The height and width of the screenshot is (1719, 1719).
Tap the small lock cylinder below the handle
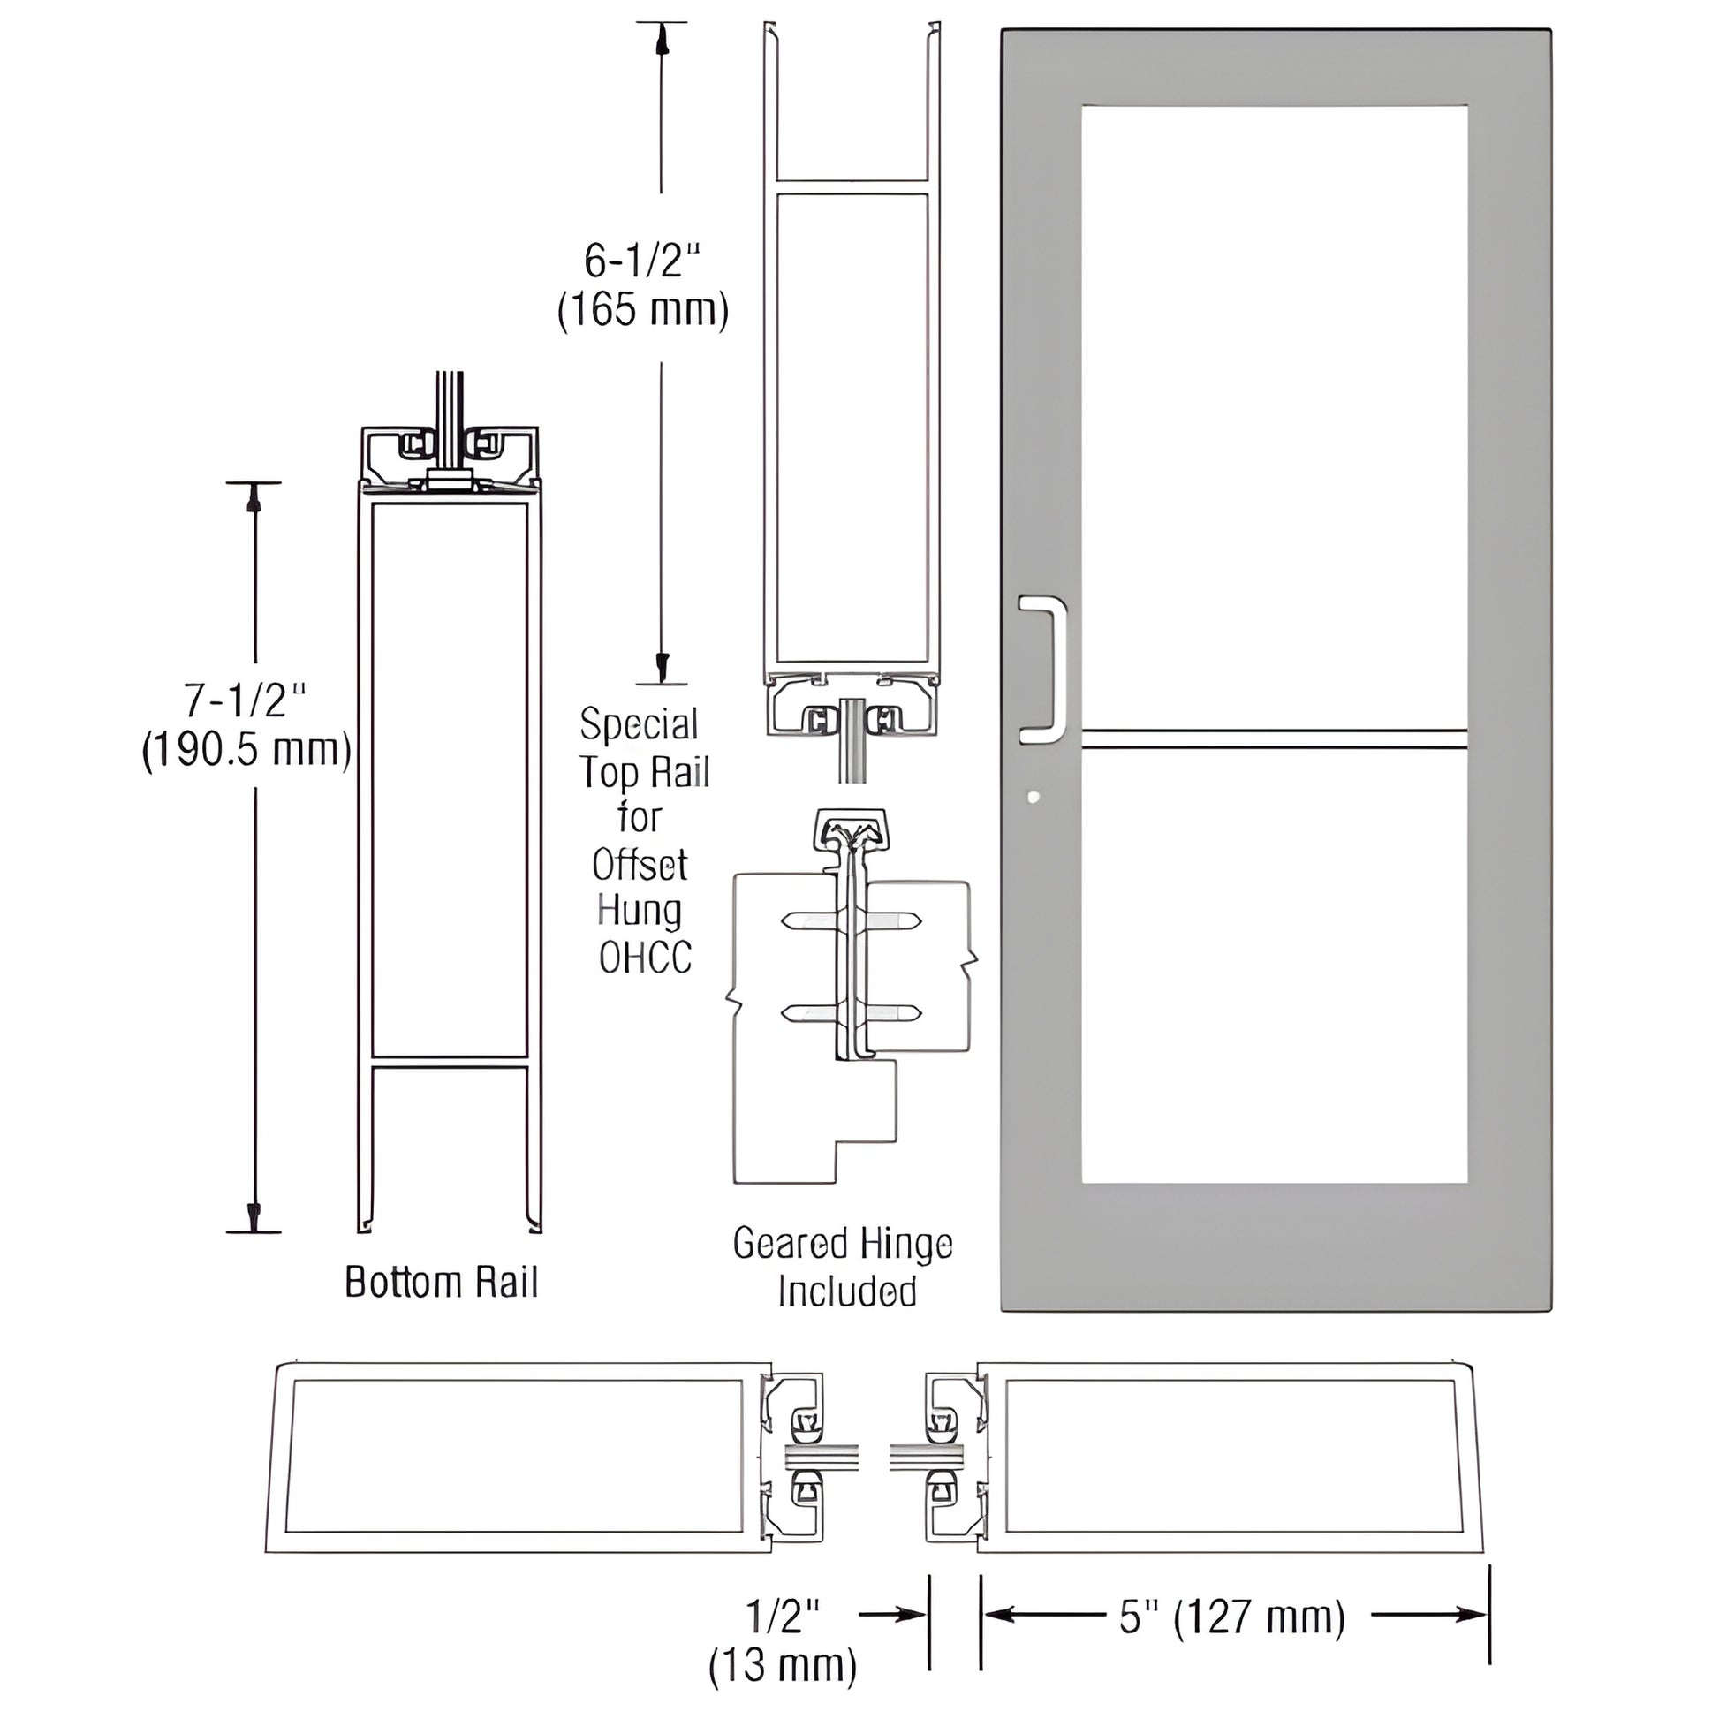[x=1033, y=797]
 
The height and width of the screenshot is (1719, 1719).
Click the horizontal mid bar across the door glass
[x=1274, y=738]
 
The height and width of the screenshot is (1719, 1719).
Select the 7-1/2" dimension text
[x=245, y=701]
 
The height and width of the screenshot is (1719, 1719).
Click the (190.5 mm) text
[x=246, y=750]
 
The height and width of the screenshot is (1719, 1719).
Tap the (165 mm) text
[x=642, y=310]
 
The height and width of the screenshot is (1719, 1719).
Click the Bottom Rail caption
[x=442, y=1282]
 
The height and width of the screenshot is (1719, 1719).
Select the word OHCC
[x=645, y=958]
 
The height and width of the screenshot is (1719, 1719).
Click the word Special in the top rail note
[x=639, y=724]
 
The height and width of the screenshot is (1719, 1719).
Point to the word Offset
[x=640, y=864]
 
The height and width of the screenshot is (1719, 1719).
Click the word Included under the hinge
[x=847, y=1291]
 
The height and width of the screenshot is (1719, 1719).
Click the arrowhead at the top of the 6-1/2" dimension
[x=661, y=39]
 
